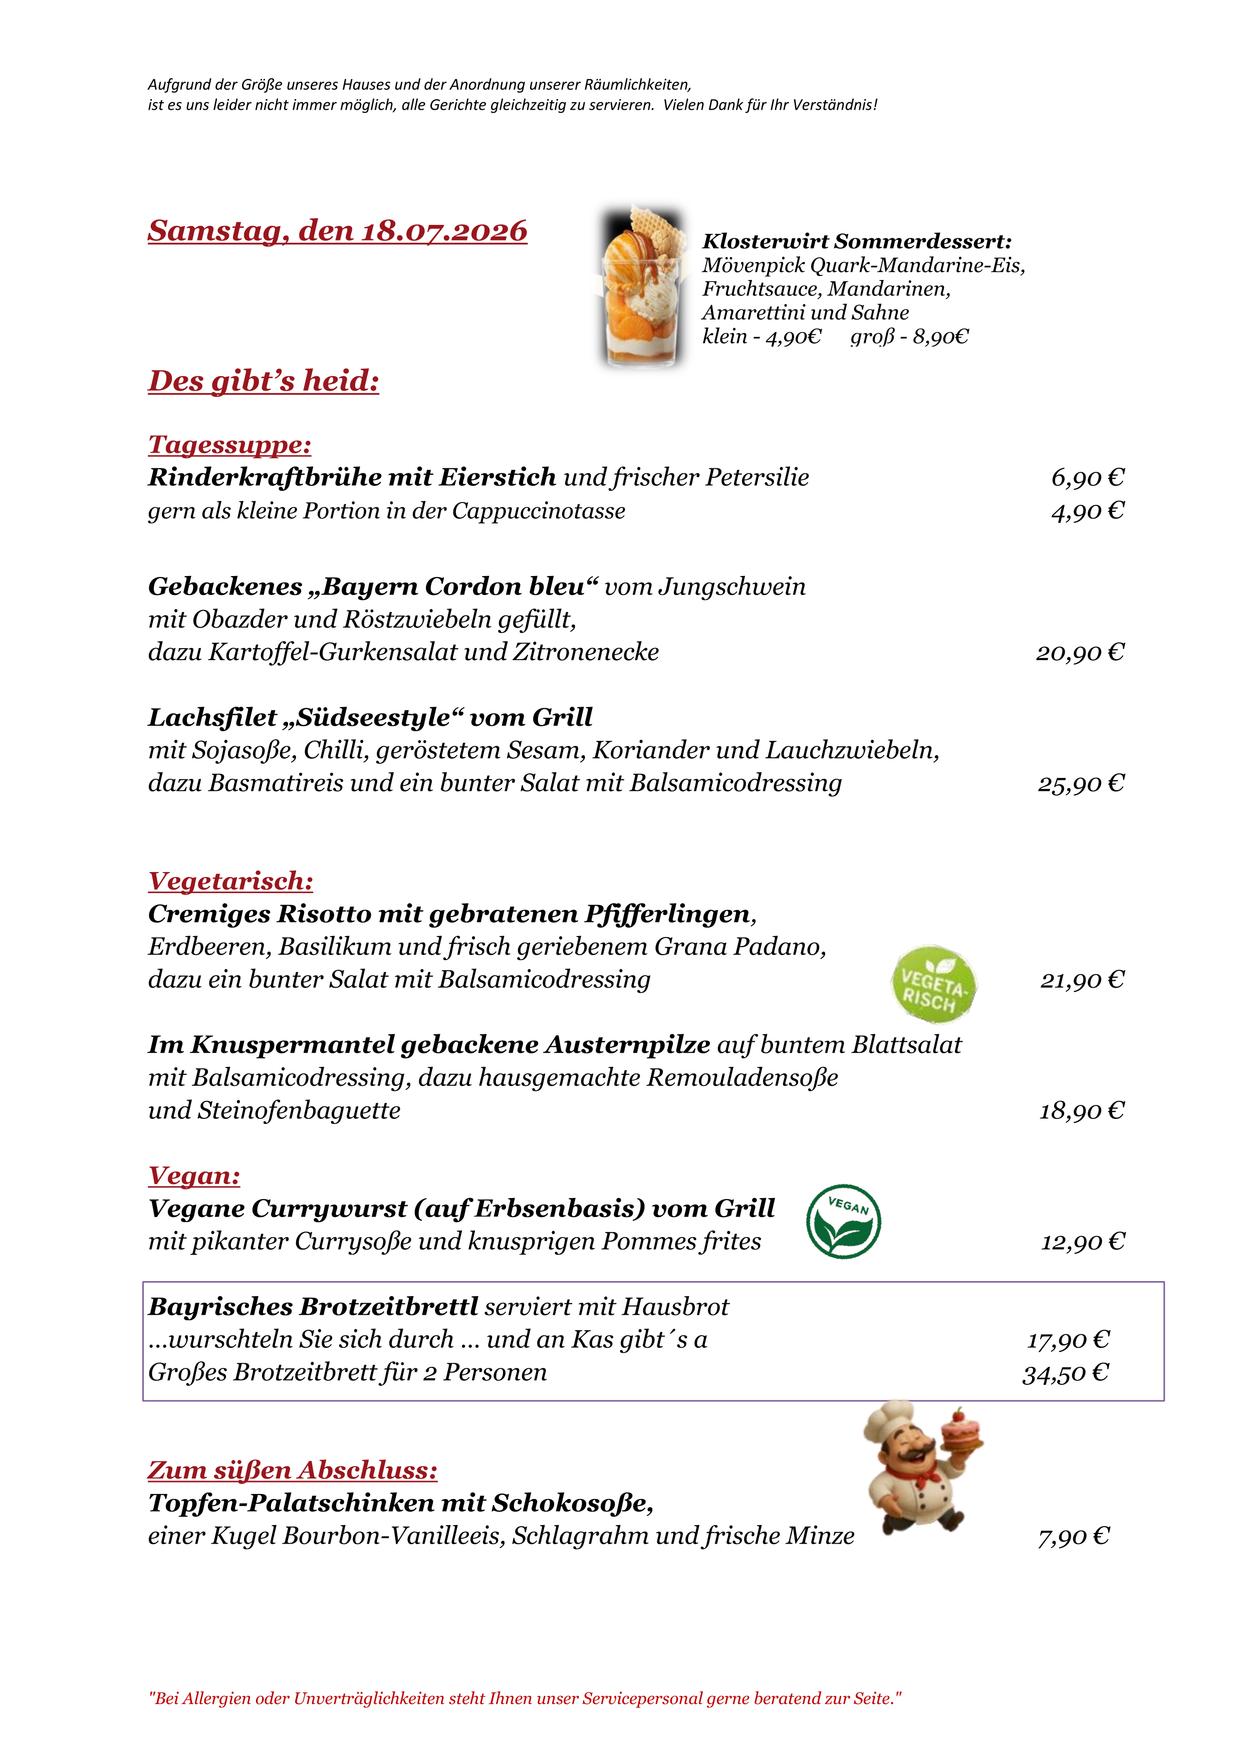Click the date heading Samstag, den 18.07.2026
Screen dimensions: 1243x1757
(x=338, y=231)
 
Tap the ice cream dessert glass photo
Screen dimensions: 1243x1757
(x=642, y=285)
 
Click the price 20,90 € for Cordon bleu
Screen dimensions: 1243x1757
(x=1080, y=653)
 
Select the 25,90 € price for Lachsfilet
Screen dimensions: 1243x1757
(x=1081, y=784)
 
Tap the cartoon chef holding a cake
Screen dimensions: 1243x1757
(x=921, y=1468)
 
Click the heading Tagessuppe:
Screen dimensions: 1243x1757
(x=229, y=445)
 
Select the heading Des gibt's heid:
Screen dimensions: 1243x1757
(x=264, y=381)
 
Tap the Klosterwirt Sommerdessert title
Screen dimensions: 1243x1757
(x=857, y=242)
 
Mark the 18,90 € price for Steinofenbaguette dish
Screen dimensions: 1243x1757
(x=1082, y=1111)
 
